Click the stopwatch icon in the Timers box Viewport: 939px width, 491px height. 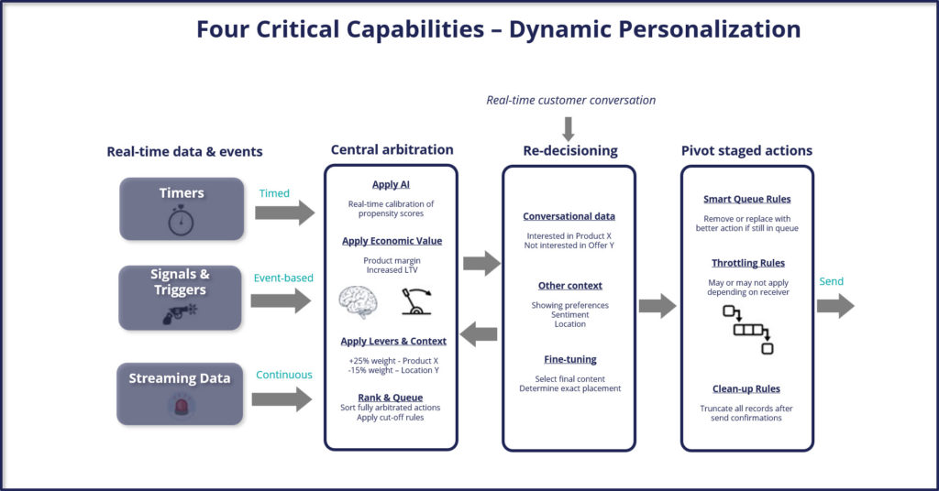[x=181, y=220]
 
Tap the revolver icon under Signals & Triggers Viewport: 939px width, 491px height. [x=180, y=313]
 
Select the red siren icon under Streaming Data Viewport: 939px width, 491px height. [x=180, y=406]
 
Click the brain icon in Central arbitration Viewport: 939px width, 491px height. [x=359, y=301]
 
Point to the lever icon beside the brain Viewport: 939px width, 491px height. [x=415, y=301]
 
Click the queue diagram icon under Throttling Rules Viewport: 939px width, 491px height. [x=748, y=330]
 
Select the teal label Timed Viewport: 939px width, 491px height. [x=274, y=193]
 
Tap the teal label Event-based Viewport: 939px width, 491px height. [x=283, y=278]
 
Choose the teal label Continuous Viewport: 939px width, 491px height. [x=284, y=375]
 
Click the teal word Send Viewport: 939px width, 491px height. [x=831, y=281]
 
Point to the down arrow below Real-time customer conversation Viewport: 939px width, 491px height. [x=569, y=129]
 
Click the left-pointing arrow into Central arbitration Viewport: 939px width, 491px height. [x=479, y=333]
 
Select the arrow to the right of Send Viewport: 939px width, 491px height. [x=836, y=306]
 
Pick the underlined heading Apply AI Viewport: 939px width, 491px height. [x=391, y=185]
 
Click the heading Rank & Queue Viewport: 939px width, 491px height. [x=391, y=398]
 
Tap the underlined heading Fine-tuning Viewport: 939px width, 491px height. [x=570, y=359]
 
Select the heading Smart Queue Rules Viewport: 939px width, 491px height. [x=747, y=199]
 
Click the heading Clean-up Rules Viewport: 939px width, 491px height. [x=746, y=388]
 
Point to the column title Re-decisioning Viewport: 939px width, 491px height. [x=570, y=151]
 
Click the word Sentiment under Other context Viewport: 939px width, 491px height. [x=570, y=314]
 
